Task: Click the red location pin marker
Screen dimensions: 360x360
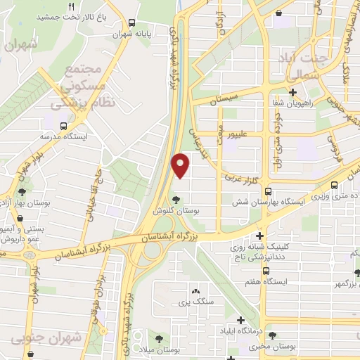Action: coord(181,165)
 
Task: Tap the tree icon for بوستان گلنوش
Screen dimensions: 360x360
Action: coord(177,198)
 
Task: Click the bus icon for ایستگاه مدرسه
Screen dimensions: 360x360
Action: coord(64,126)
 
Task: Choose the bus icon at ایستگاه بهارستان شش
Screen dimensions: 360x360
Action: coord(335,186)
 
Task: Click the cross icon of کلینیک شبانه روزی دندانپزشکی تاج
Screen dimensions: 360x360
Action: coord(260,236)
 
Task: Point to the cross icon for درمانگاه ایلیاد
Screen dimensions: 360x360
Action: coord(241,321)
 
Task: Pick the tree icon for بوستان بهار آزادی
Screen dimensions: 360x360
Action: coord(23,191)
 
